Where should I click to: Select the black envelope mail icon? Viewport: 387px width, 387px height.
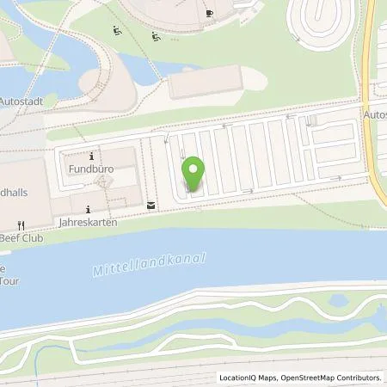pos(152,205)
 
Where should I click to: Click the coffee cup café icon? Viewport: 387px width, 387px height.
pos(211,14)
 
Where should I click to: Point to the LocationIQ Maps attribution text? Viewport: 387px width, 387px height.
pos(247,378)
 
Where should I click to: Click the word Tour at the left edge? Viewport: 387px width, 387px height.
pos(10,279)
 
